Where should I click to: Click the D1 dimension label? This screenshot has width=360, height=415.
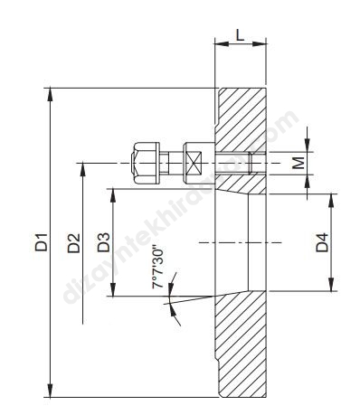pos(41,242)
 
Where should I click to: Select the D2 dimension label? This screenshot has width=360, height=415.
pos(74,242)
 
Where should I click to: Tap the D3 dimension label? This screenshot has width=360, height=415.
pos(104,242)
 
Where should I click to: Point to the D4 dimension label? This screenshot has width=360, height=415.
pos(322,242)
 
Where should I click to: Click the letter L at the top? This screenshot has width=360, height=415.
pos(240,35)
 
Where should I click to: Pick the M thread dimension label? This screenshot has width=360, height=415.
pos(298,163)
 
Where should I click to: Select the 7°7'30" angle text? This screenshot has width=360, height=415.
pos(158,267)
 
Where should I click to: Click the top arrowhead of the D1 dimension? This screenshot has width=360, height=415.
pos(50,94)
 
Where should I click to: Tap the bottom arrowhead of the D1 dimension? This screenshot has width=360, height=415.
pos(51,391)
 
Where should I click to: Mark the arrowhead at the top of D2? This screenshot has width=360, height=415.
pos(82,169)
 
